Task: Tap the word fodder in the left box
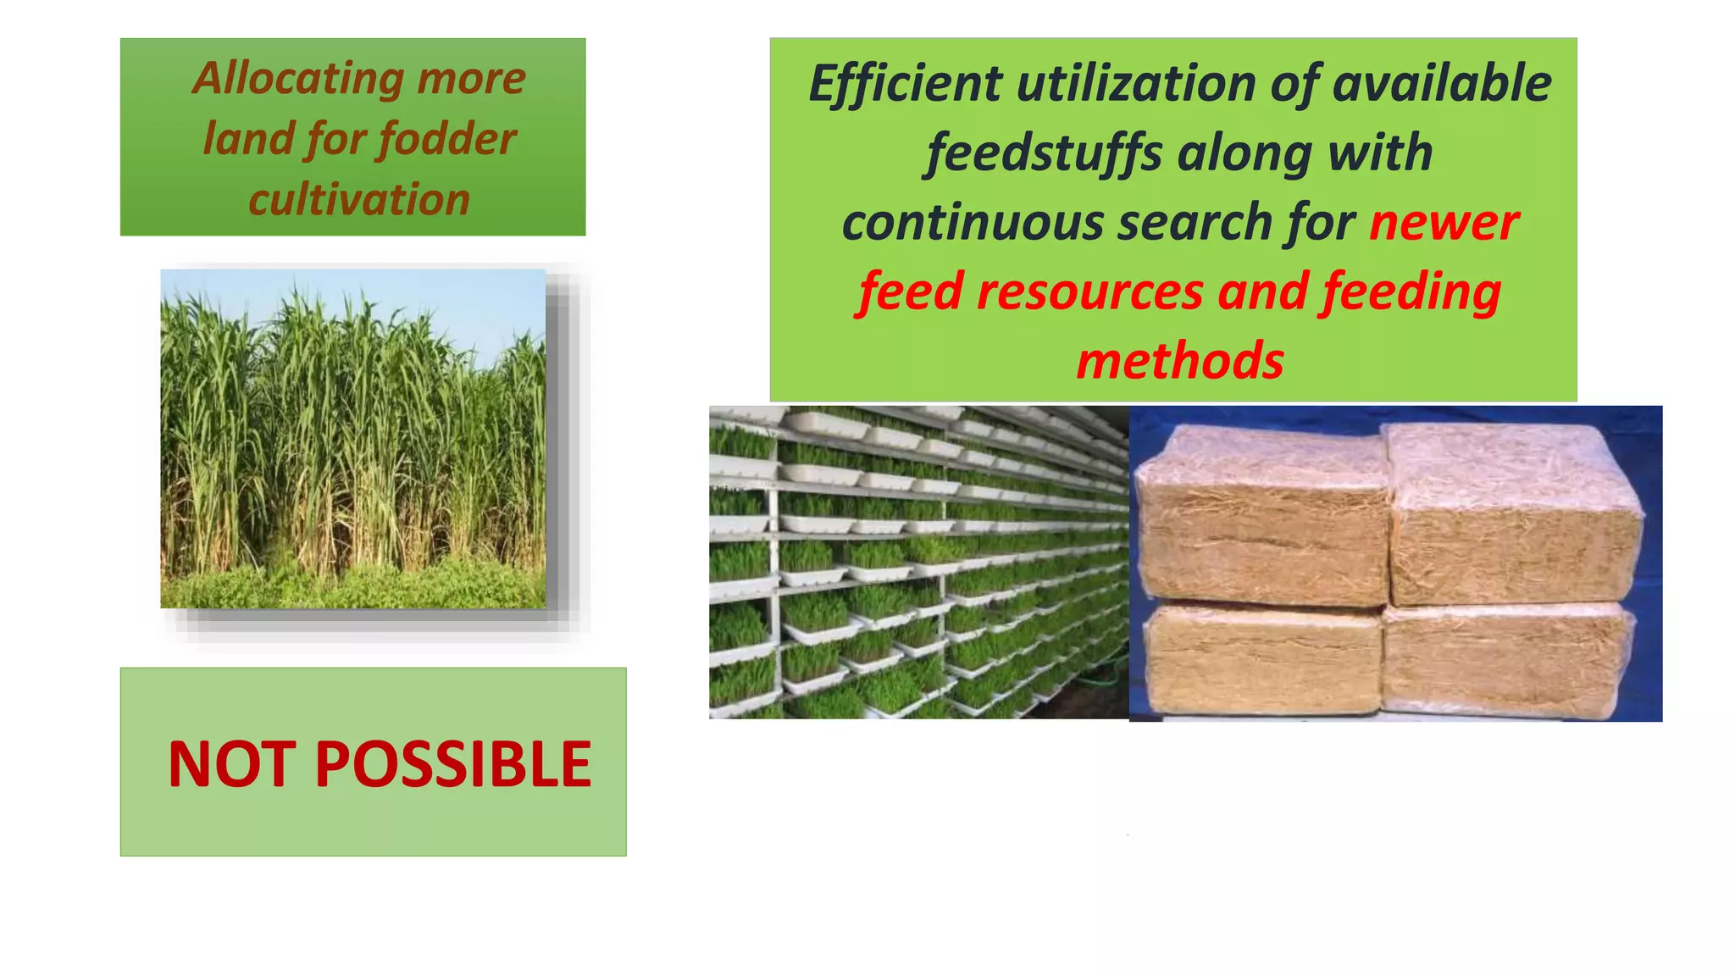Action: [446, 139]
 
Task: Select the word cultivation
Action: [359, 200]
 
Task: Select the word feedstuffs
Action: [1043, 153]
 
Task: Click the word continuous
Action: [972, 223]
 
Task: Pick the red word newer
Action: [1444, 223]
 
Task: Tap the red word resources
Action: [1089, 291]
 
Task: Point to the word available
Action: [1441, 84]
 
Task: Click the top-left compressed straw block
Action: [1262, 517]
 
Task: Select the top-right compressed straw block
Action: [1512, 513]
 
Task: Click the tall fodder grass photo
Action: [352, 438]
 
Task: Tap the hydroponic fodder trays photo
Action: [918, 562]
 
